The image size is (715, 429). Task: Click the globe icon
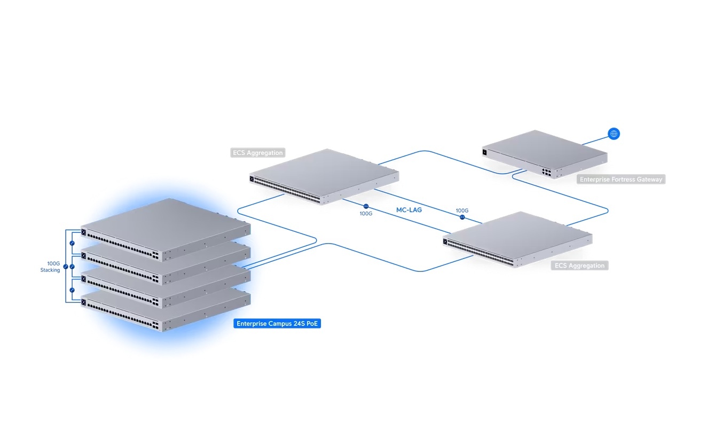pyautogui.click(x=614, y=134)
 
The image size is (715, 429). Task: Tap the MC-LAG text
pyautogui.click(x=409, y=210)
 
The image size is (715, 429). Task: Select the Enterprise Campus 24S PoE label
pyautogui.click(x=277, y=324)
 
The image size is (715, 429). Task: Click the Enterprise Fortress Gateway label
pyautogui.click(x=621, y=179)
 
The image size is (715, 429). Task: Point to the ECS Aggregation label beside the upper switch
pyautogui.click(x=257, y=153)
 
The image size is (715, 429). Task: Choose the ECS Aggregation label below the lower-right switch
pyautogui.click(x=579, y=266)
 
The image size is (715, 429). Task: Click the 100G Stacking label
pyautogui.click(x=50, y=267)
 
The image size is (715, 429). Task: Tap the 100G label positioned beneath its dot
pyautogui.click(x=366, y=213)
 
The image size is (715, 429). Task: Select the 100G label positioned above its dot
pyautogui.click(x=462, y=210)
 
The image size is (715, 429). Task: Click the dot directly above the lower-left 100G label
pyautogui.click(x=366, y=206)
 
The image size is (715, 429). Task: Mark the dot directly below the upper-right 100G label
pyautogui.click(x=462, y=217)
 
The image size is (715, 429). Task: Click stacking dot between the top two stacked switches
pyautogui.click(x=72, y=243)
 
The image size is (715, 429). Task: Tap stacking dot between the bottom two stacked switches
pyautogui.click(x=72, y=290)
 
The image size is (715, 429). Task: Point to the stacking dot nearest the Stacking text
pyautogui.click(x=66, y=267)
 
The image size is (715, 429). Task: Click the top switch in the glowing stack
pyautogui.click(x=166, y=230)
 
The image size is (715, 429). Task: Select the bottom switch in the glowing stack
pyautogui.click(x=166, y=310)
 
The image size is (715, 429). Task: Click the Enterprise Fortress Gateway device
pyautogui.click(x=545, y=154)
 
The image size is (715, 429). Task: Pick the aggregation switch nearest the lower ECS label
pyautogui.click(x=517, y=239)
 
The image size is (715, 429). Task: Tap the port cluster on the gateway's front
pyautogui.click(x=546, y=173)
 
